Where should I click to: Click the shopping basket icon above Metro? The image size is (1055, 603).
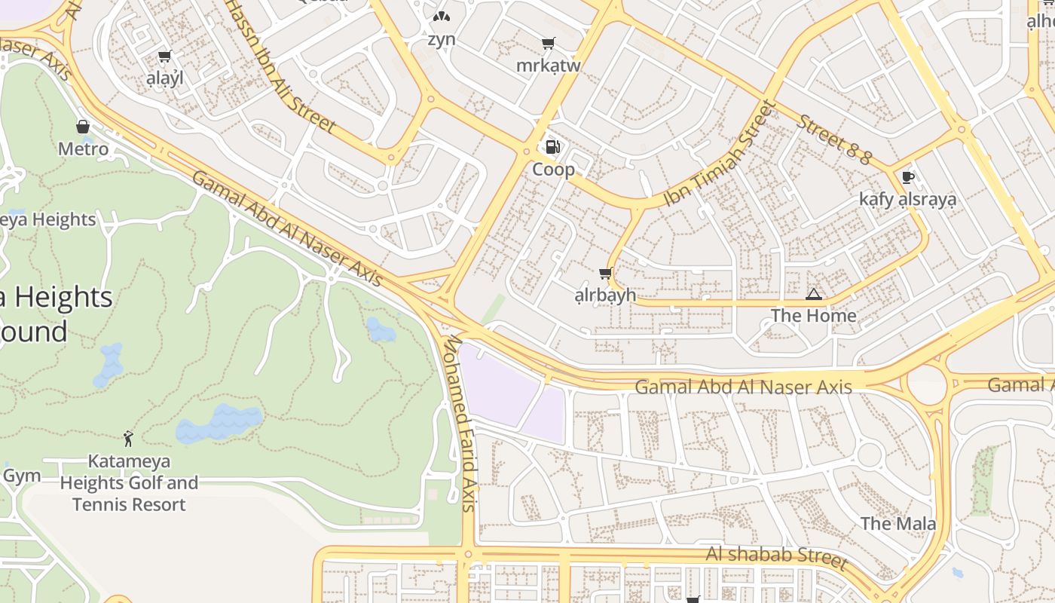click(x=83, y=127)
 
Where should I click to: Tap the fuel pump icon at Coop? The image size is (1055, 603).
click(x=553, y=147)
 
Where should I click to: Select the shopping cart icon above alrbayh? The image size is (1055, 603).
click(x=604, y=273)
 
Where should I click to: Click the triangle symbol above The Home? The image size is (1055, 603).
click(x=813, y=294)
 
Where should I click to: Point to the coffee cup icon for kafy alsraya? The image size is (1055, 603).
click(x=907, y=177)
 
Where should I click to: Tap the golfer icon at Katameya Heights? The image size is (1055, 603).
click(x=128, y=438)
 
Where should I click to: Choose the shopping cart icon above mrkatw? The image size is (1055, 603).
click(x=548, y=44)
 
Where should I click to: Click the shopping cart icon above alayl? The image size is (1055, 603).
click(x=165, y=57)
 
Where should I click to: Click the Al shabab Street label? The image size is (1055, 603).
click(x=776, y=557)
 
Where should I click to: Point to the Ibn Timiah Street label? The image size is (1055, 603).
click(x=719, y=154)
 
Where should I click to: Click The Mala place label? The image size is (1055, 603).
click(x=898, y=523)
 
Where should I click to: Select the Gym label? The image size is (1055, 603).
click(x=21, y=476)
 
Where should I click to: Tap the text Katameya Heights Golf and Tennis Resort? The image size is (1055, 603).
click(x=129, y=482)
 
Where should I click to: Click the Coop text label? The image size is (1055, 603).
click(x=553, y=170)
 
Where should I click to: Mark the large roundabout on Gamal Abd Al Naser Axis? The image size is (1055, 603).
click(x=926, y=385)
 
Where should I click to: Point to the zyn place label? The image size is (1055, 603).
click(x=441, y=39)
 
